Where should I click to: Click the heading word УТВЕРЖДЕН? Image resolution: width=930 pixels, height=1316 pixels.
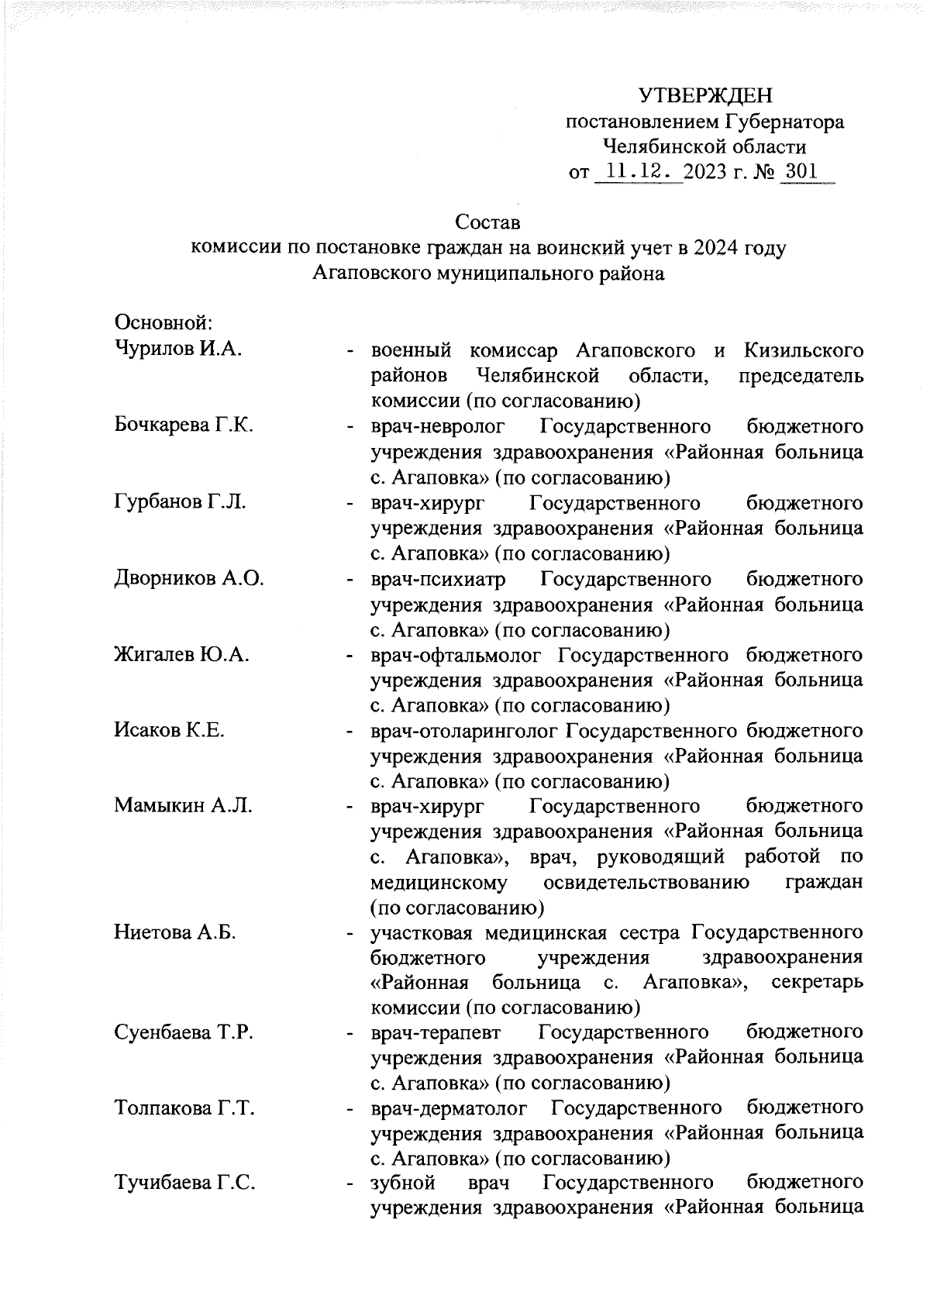pos(705,96)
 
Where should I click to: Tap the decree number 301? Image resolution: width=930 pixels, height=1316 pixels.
pos(800,171)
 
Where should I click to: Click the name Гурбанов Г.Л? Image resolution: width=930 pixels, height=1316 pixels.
pos(180,502)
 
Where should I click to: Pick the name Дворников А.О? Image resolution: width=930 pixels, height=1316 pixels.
pos(189,578)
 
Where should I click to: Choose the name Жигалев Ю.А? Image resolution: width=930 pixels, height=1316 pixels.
pos(181,655)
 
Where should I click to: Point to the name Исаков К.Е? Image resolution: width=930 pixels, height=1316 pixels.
pos(169,730)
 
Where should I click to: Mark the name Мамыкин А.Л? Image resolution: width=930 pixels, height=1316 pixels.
pos(183,806)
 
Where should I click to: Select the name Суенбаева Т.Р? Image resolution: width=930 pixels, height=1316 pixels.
pos(184,1033)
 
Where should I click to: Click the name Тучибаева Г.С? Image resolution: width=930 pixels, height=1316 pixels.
pos(185,1183)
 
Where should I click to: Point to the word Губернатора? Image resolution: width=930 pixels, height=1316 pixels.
pos(784,122)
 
